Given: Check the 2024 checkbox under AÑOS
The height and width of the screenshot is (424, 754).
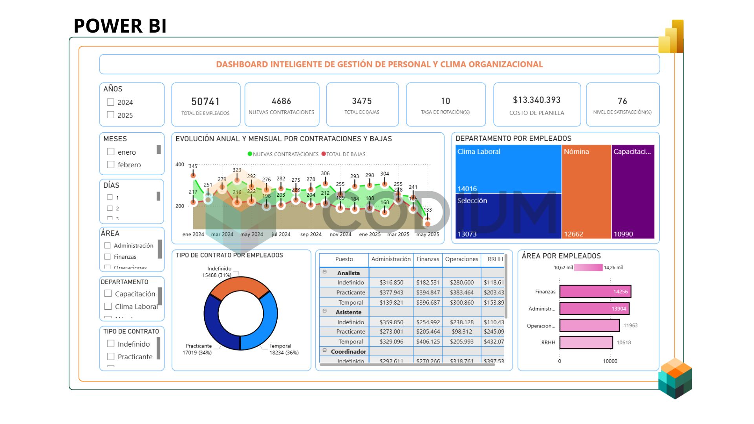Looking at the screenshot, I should (111, 102).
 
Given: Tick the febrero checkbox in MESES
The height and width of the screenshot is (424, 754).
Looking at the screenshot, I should (111, 164).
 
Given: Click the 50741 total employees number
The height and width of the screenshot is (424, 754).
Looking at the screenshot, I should (205, 102).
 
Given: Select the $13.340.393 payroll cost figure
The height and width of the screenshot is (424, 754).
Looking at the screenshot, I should (536, 100).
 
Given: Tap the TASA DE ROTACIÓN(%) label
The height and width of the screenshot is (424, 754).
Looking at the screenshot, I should (445, 112).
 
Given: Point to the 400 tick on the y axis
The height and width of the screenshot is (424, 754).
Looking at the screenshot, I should (179, 164).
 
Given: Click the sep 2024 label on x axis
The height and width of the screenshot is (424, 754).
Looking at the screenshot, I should (311, 234).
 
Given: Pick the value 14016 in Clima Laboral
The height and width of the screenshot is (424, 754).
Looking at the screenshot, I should (467, 189).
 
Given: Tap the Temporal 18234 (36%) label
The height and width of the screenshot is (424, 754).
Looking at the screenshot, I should (284, 349).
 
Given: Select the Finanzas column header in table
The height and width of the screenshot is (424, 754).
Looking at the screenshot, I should (428, 259).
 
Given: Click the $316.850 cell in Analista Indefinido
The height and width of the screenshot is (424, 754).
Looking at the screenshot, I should (391, 283).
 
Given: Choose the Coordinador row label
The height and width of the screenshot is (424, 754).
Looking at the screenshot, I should (348, 352).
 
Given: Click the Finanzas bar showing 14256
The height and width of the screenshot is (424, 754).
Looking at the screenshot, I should (595, 292).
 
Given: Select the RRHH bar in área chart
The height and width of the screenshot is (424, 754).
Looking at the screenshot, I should (586, 342).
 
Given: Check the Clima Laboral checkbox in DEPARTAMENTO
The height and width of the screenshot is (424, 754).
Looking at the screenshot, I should (108, 306).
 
